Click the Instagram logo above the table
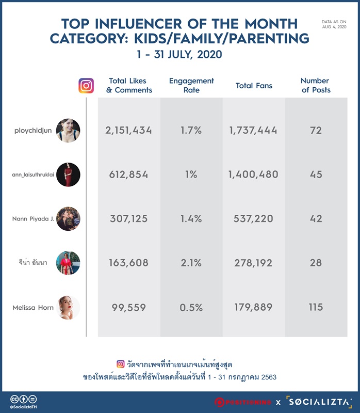[86, 86]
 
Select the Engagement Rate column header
[191, 85]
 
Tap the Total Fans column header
[254, 86]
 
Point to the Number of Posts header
[315, 85]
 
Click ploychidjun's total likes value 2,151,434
[129, 131]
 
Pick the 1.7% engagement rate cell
[191, 131]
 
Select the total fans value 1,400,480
[253, 174]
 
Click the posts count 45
[316, 174]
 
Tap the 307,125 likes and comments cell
[129, 218]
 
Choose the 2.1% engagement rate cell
[191, 263]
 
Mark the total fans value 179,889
[253, 307]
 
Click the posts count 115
[316, 307]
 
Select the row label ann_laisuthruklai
[33, 174]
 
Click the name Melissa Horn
[33, 307]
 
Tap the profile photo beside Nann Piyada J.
[68, 218]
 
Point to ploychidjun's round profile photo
[68, 131]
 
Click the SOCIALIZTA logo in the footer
[319, 402]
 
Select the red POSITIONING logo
[243, 402]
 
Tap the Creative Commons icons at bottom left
[23, 399]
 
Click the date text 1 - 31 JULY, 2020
[179, 55]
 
